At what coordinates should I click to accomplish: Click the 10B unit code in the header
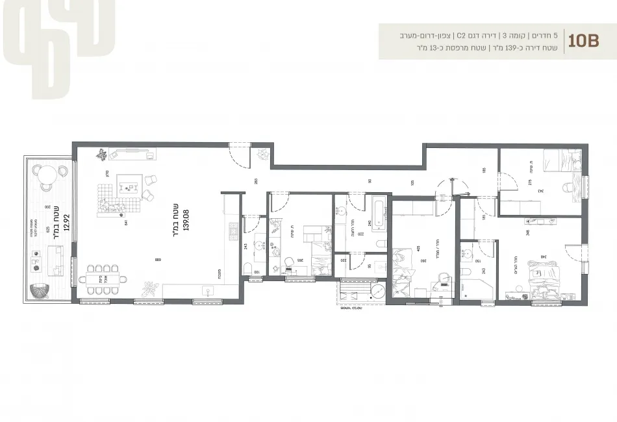tap(583, 41)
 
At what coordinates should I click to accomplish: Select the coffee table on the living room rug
tap(130, 188)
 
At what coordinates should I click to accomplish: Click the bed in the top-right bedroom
tap(562, 159)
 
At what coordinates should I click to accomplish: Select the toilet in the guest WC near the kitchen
tap(247, 269)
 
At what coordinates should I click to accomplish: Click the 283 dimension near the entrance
tap(256, 181)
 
